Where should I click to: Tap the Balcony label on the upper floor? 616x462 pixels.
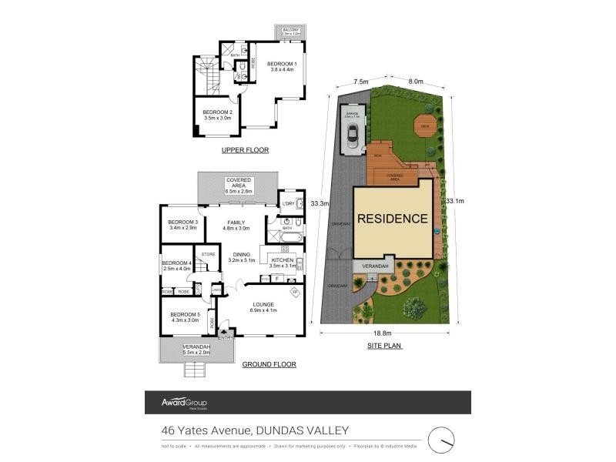tap(290, 32)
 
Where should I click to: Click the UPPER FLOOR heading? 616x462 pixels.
tap(244, 150)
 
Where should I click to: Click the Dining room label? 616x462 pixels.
tap(242, 256)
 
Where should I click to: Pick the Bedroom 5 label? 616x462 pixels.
tap(185, 316)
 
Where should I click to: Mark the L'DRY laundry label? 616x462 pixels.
tap(289, 203)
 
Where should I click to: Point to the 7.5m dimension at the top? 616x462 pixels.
tap(360, 82)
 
